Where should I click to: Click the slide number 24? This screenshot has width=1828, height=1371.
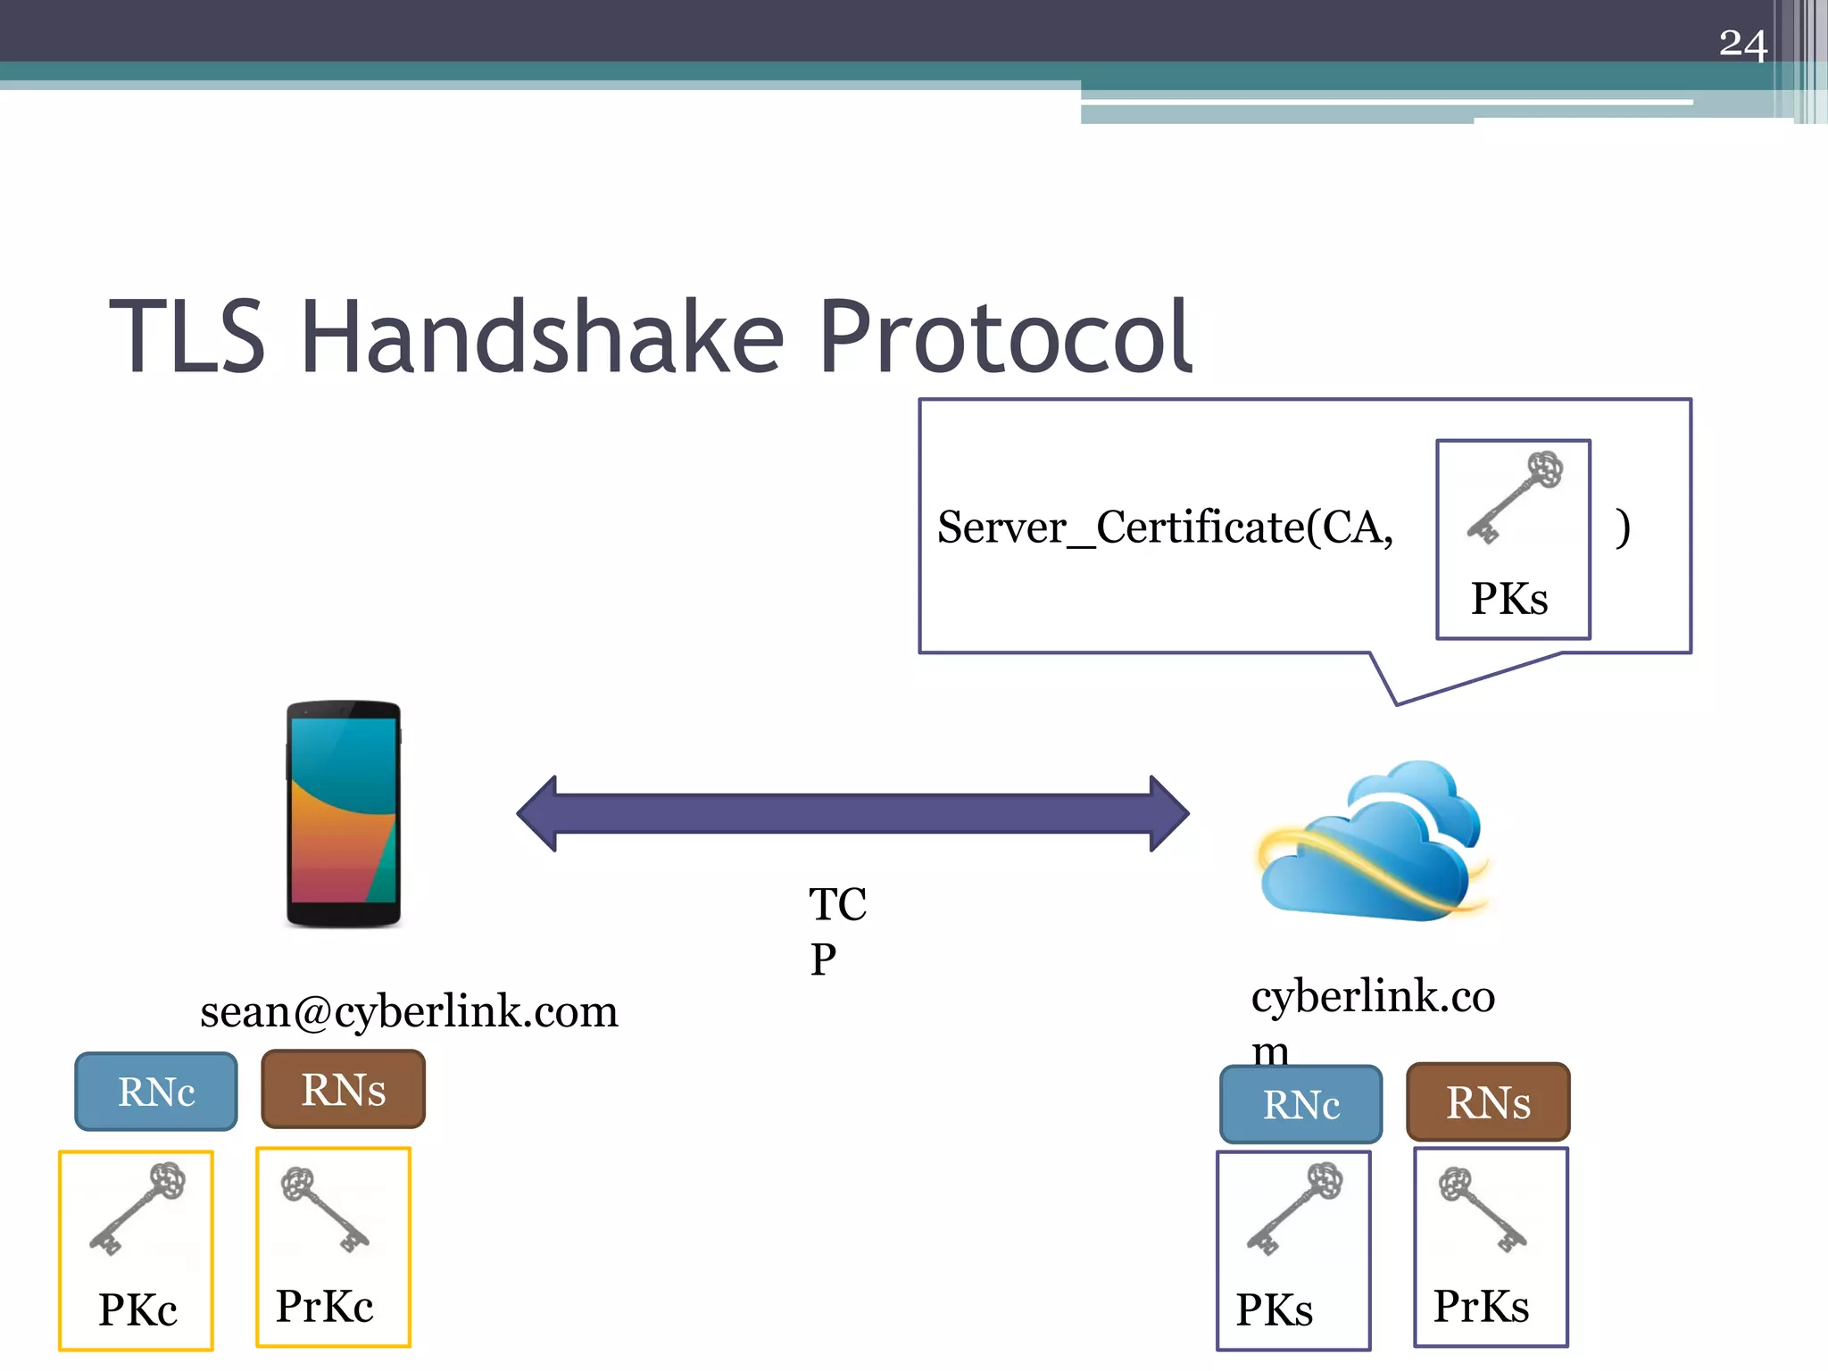(x=1742, y=45)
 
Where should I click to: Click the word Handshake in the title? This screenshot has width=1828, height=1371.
(x=543, y=337)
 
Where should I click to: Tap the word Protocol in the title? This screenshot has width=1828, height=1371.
(x=1005, y=337)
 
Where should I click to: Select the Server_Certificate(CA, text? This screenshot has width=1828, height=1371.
(x=1165, y=527)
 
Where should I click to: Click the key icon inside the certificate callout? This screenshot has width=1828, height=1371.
(x=1515, y=497)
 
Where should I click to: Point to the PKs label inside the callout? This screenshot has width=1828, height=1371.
(x=1509, y=598)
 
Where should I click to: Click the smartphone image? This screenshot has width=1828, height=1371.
(x=344, y=814)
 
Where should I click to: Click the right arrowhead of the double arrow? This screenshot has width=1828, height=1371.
(x=1168, y=813)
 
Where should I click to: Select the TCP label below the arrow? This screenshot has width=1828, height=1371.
(x=836, y=930)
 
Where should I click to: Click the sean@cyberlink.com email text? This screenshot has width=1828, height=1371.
(x=409, y=1011)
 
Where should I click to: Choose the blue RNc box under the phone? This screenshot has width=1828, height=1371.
(x=156, y=1092)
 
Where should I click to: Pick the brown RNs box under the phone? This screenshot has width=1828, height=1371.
(x=344, y=1090)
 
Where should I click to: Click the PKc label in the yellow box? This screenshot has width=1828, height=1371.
(x=137, y=1309)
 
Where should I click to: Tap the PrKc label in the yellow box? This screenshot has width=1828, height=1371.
(x=324, y=1306)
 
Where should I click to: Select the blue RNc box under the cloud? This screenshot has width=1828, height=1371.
(x=1300, y=1104)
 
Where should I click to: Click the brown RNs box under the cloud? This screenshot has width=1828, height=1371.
(x=1488, y=1102)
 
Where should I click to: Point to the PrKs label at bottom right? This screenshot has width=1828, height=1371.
(x=1481, y=1306)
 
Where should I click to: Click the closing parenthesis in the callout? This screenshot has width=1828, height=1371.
(x=1623, y=527)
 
